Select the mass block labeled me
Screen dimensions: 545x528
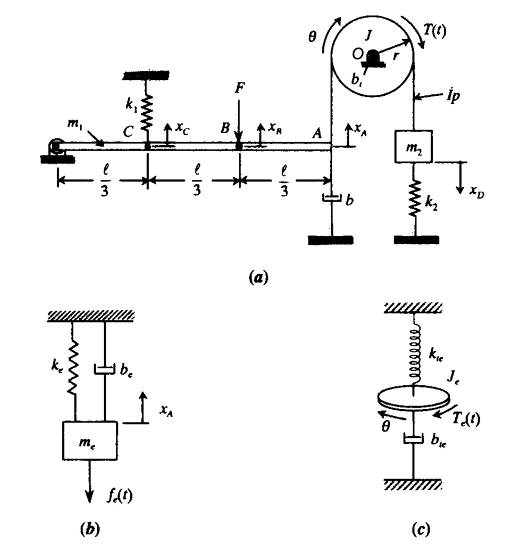(x=90, y=440)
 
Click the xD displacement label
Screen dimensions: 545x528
(x=477, y=193)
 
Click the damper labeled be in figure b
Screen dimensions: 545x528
(x=104, y=368)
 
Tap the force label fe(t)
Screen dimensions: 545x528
(x=118, y=496)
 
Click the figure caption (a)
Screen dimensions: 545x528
(x=258, y=277)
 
